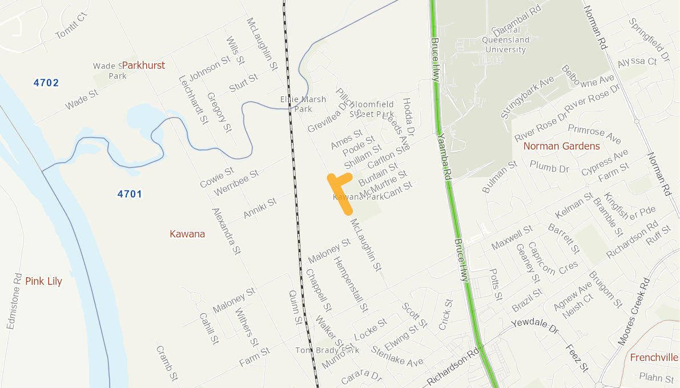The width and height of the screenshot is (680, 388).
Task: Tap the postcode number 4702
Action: pyautogui.click(x=46, y=83)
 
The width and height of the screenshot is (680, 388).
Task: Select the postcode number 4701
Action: pyautogui.click(x=130, y=194)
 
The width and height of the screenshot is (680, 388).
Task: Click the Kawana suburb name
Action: pyautogui.click(x=187, y=234)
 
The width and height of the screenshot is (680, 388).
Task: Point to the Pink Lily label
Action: pyautogui.click(x=43, y=281)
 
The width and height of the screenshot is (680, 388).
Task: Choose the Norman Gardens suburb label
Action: pyautogui.click(x=562, y=146)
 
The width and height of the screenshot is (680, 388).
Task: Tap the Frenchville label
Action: pyautogui.click(x=654, y=358)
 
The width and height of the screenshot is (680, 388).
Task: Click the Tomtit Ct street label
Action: pyautogui.click(x=73, y=26)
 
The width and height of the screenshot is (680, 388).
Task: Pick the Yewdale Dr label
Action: pyautogui.click(x=534, y=327)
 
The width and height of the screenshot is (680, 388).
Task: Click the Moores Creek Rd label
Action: pyautogui.click(x=634, y=311)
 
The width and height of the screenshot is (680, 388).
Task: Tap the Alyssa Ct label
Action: pyautogui.click(x=637, y=61)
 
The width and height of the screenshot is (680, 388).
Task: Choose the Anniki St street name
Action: pyautogui.click(x=260, y=208)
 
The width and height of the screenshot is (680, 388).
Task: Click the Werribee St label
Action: pyautogui.click(x=236, y=183)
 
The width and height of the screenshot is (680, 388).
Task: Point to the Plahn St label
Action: pyautogui.click(x=657, y=378)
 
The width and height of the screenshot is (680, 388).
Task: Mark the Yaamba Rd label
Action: pyautogui.click(x=445, y=157)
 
